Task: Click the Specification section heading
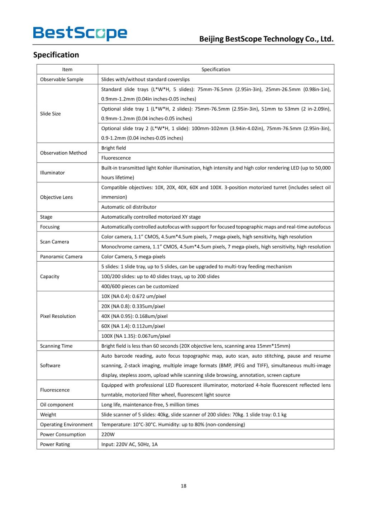point(56,55)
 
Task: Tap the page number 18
point(183,486)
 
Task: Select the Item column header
point(67,70)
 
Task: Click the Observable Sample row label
point(62,79)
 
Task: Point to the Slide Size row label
point(51,114)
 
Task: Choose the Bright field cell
point(114,148)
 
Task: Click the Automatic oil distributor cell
point(129,207)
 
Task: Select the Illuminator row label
point(52,172)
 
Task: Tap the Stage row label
point(46,217)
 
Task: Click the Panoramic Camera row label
point(61,257)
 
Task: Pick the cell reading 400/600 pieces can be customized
point(140,286)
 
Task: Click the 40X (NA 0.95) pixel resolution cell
point(134,316)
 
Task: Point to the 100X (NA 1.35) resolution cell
point(136,336)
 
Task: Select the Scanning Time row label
point(56,346)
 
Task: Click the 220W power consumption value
point(108,434)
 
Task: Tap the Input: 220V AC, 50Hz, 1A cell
point(129,444)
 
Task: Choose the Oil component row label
point(57,405)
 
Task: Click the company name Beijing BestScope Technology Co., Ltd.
point(266,39)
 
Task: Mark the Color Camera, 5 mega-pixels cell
point(133,257)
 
